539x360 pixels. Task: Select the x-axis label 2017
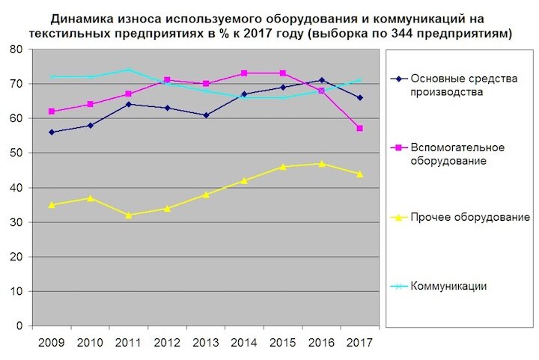[x=360, y=343]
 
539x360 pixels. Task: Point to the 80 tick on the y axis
[x=15, y=49]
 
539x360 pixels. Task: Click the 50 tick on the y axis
[x=15, y=153]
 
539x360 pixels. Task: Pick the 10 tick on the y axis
[x=15, y=291]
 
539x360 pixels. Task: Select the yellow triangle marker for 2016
[x=321, y=163]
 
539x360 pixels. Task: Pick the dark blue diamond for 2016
[x=321, y=80]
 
